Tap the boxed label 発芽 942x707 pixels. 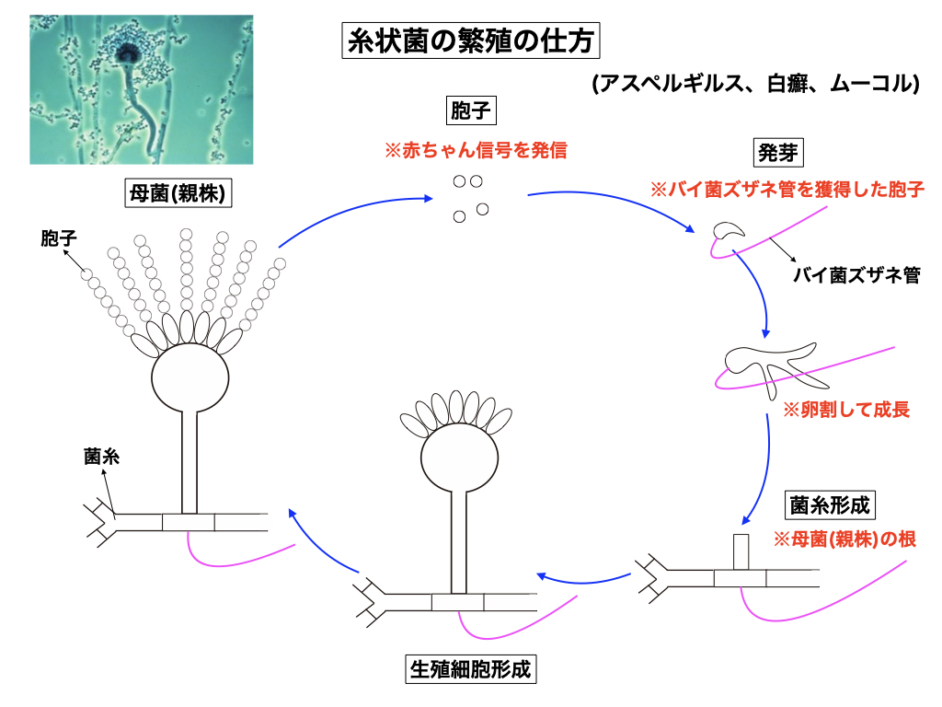click(772, 151)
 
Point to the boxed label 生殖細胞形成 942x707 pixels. click(470, 669)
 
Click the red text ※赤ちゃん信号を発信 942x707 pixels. click(475, 149)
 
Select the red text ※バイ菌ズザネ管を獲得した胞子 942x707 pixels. click(787, 190)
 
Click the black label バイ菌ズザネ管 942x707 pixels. click(856, 274)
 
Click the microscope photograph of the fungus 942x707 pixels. click(141, 89)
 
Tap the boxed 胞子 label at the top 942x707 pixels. click(470, 110)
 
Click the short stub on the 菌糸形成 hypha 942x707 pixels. click(741, 551)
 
